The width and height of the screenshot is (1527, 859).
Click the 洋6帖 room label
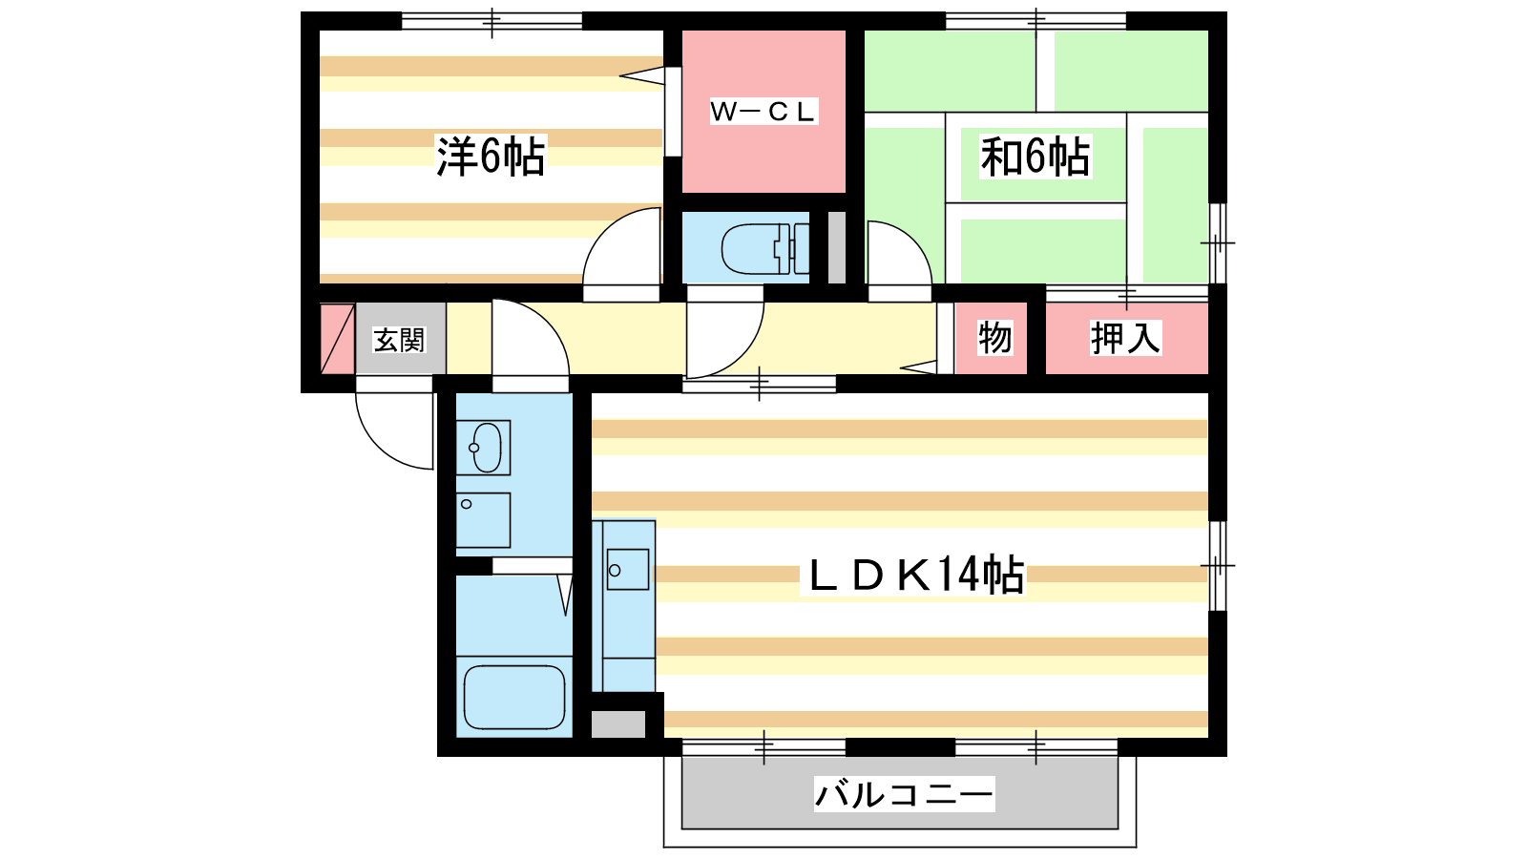click(491, 157)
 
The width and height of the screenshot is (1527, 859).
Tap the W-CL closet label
click(763, 112)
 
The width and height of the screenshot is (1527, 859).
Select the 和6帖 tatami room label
click(1035, 157)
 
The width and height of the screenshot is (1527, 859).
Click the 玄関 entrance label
click(399, 340)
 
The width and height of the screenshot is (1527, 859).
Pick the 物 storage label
click(994, 338)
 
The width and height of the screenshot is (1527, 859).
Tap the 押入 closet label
click(1125, 338)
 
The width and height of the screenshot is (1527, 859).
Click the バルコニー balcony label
click(904, 794)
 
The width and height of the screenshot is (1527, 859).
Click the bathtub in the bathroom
click(514, 698)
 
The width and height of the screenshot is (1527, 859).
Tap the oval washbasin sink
click(487, 448)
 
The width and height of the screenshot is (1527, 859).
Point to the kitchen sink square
click(627, 569)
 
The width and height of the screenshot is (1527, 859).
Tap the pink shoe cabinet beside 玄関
click(338, 339)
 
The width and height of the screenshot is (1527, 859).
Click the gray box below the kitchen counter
click(618, 724)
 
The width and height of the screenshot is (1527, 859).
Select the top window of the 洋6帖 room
click(492, 21)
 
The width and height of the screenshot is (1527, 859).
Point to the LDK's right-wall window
click(1218, 566)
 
